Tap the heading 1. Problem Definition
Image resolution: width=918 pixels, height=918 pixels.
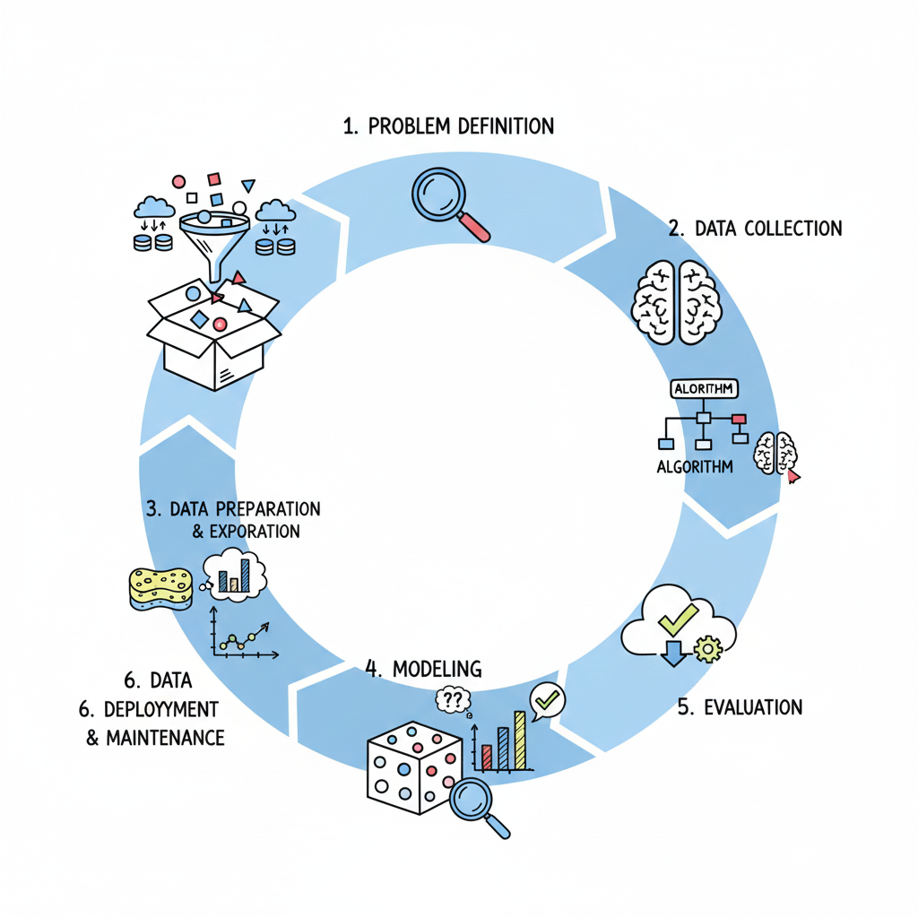point(448,126)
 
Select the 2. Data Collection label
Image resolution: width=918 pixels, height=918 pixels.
point(756,229)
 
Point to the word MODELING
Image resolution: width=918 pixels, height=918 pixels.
point(436,668)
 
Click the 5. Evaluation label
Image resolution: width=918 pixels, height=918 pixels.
point(740,706)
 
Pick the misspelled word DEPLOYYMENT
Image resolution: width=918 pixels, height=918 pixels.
point(161,710)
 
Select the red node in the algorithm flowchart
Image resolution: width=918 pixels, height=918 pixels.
point(739,419)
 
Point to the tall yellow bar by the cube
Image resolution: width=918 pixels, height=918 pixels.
point(519,740)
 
